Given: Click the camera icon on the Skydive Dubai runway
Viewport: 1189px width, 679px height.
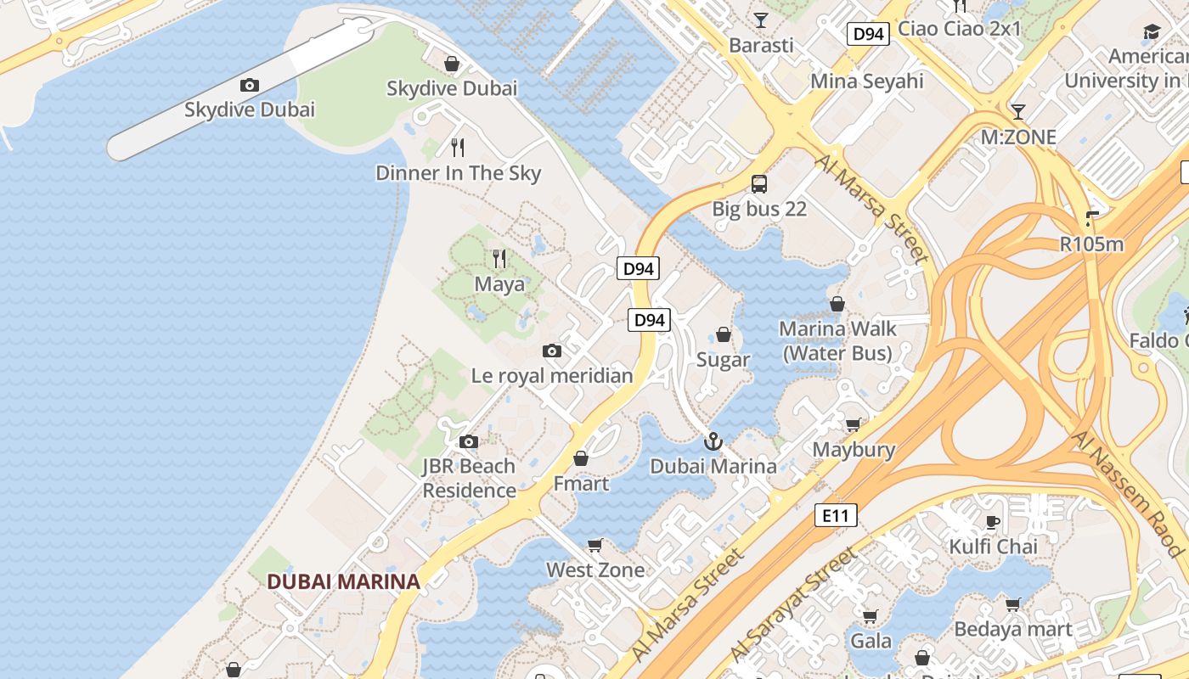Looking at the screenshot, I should tap(249, 85).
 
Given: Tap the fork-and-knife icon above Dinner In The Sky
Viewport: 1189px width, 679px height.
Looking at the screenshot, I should tap(458, 148).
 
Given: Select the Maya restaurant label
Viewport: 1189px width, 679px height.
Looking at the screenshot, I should tap(499, 283).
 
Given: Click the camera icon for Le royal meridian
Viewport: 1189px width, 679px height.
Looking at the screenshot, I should tap(552, 351).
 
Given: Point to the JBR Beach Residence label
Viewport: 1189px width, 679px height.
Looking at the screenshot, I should tap(469, 478).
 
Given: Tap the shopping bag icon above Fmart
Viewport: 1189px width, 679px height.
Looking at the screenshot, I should tap(581, 458).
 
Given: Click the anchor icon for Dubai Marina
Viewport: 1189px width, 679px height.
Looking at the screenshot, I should tap(713, 441).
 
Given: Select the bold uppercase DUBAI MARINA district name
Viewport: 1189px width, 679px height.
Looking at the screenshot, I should tap(343, 581).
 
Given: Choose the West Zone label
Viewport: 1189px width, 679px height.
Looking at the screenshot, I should tap(595, 570).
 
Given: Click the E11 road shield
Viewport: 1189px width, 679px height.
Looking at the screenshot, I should tap(836, 514).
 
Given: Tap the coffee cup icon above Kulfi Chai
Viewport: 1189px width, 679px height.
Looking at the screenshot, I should tap(992, 521).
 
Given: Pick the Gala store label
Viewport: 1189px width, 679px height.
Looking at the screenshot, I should tap(871, 639).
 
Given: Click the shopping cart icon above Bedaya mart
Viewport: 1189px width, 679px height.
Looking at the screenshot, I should tap(1012, 604).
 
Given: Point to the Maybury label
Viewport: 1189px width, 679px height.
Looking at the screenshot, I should tap(854, 449).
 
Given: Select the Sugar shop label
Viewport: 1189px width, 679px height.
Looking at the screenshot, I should tap(723, 359).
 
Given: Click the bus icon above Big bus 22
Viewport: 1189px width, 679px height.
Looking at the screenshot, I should tap(759, 183).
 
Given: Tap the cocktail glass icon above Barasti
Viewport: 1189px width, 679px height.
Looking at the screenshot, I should tap(760, 20).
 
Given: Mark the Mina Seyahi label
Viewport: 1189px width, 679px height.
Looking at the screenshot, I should tap(866, 81).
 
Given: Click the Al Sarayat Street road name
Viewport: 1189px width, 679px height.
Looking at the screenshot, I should tap(793, 603).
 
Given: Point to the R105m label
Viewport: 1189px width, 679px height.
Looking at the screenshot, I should tap(1091, 244).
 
